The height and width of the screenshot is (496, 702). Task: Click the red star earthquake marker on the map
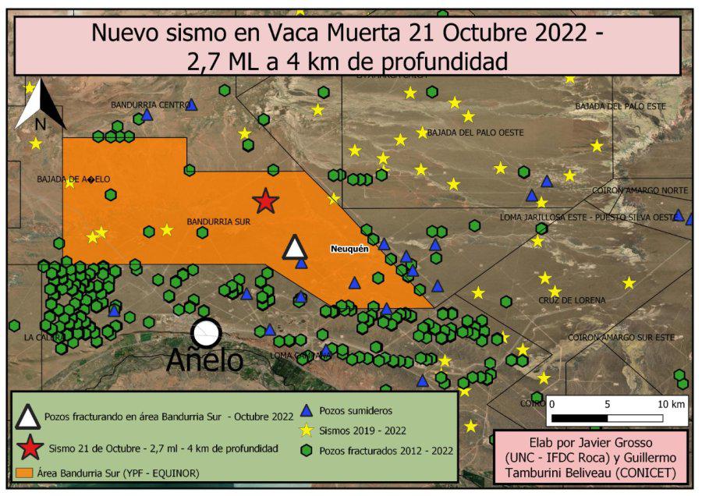[x=265, y=201]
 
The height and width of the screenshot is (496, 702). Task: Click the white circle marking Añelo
[x=207, y=333]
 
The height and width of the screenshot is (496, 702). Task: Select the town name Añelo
[x=204, y=361]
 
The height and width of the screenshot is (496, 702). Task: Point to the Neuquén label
[x=349, y=249]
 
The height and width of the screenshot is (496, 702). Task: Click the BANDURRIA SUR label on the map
[x=218, y=222]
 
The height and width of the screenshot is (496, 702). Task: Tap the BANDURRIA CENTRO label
[x=151, y=105]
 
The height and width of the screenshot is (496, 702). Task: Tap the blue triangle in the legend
[x=307, y=410]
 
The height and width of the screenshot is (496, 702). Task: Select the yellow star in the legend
[x=307, y=430]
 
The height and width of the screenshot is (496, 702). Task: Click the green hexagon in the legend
[x=307, y=450]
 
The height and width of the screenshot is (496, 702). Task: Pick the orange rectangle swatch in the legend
[x=24, y=473]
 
